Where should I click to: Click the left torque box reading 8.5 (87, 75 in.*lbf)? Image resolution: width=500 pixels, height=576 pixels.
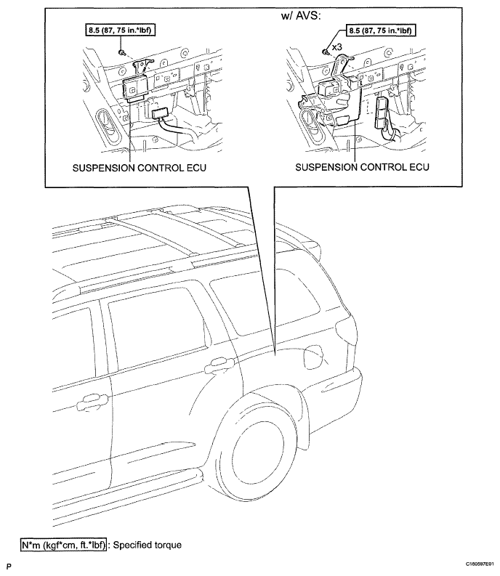[119, 30]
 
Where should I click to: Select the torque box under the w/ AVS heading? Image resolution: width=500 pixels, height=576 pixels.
[381, 30]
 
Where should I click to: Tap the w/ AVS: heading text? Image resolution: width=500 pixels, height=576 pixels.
[300, 16]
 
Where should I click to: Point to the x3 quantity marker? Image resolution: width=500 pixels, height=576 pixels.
[336, 47]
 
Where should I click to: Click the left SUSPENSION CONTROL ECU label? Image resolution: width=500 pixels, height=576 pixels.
[140, 168]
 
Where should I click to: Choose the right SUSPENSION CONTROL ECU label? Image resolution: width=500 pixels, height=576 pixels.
[362, 167]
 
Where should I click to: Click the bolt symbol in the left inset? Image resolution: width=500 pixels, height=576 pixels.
[121, 52]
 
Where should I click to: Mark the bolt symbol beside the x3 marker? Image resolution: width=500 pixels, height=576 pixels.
[325, 52]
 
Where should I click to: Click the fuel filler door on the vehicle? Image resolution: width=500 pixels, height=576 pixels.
[314, 355]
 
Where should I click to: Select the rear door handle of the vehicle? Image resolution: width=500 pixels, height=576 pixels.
[219, 364]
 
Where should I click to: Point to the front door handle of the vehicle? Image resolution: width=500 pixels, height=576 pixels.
[92, 402]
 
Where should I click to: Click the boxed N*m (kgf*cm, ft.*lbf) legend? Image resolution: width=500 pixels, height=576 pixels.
[63, 545]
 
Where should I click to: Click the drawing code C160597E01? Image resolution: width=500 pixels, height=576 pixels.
[480, 564]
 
